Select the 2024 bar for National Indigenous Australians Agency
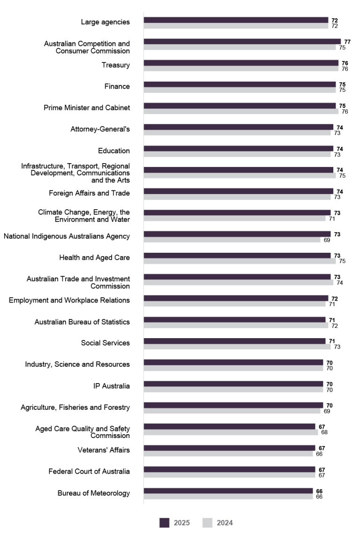point(232,240)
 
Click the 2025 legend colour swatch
point(164,523)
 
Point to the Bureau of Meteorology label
point(94,493)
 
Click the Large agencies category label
point(105,22)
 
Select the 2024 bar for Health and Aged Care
point(239,261)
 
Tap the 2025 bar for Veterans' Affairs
point(229,448)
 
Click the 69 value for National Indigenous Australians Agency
point(327,240)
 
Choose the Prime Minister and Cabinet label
point(87,108)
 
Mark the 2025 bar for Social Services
point(234,341)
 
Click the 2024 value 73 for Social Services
point(337,347)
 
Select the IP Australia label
point(112,386)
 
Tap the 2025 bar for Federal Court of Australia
point(229,469)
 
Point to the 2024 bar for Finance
point(239,90)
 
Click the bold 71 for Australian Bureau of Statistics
point(332,320)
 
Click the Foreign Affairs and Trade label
point(90,193)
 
